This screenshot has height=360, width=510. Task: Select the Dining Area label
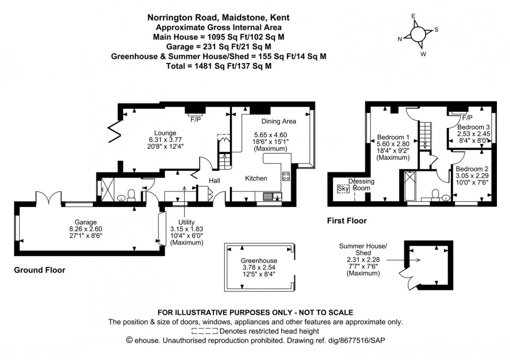coord(278,121)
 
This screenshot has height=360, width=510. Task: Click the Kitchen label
coord(256,178)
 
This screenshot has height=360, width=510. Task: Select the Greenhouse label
coord(259,261)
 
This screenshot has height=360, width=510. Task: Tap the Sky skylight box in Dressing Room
coord(342,188)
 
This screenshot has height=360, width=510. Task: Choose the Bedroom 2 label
coord(471,169)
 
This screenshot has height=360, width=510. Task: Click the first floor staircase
coord(426,133)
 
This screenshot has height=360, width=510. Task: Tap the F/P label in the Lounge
coord(196,120)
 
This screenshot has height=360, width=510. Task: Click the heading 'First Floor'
coord(347,221)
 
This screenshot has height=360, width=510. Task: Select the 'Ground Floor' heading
coord(40,270)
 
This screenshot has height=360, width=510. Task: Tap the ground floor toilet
coord(132,194)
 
